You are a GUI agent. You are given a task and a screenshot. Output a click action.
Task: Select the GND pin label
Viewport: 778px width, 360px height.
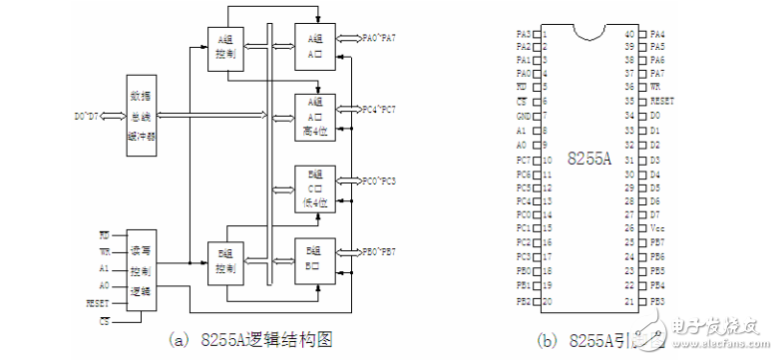point(524,116)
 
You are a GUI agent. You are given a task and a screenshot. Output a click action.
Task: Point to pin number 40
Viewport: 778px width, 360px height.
point(629,34)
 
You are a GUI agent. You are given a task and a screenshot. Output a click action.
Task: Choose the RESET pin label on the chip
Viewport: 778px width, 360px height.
point(662,101)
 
